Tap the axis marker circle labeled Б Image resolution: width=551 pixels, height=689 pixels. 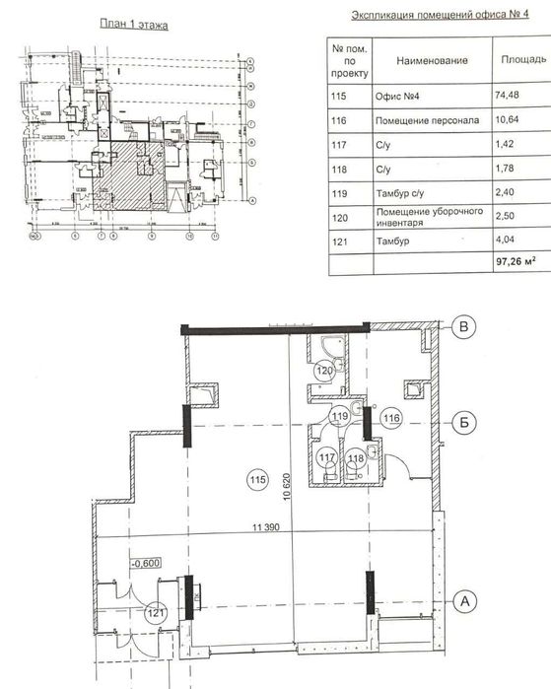[466, 421]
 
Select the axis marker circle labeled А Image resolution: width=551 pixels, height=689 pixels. [466, 596]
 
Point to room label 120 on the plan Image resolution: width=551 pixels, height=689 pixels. [324, 372]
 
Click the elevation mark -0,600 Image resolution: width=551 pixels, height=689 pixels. [144, 565]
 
